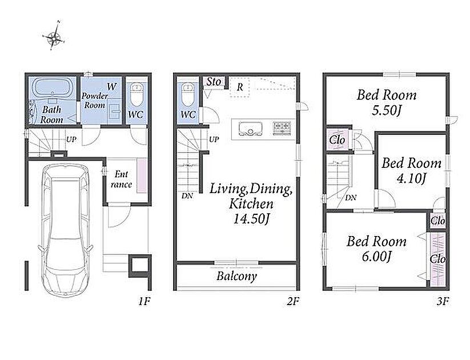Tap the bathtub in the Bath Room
53,87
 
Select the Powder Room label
95,101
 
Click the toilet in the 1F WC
137,94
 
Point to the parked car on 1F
65,229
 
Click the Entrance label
121,179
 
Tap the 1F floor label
144,301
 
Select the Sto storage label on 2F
214,82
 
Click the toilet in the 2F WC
188,94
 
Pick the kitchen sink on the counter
250,129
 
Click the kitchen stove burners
282,127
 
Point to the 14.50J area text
251,219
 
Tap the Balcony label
236,277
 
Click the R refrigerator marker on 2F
240,87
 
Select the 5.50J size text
387,111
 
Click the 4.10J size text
411,178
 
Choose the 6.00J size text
376,257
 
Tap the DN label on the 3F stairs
351,198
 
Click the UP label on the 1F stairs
71,139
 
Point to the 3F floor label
443,301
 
